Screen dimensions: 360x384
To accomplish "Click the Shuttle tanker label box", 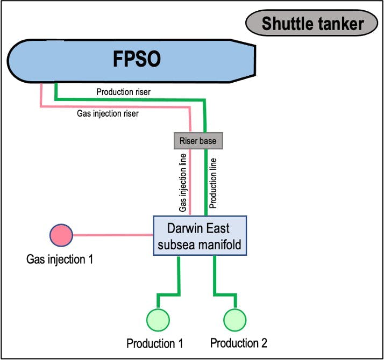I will click(312, 24).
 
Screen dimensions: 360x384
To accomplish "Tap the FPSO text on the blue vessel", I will click(137, 59).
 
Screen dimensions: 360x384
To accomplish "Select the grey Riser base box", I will click(198, 141).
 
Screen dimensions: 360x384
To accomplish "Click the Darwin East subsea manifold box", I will click(200, 235).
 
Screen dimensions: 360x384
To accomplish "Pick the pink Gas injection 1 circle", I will click(61, 235).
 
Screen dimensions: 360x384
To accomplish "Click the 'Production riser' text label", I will click(123, 92).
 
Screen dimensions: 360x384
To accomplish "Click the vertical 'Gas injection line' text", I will click(183, 183).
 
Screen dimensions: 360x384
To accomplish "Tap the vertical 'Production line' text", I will click(213, 183).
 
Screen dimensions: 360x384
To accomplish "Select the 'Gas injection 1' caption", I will click(60, 260).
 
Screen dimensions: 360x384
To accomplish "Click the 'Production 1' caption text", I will click(155, 343).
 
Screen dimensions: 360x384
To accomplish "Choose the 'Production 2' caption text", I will click(238, 343).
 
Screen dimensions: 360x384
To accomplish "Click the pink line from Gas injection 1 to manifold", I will click(113, 235).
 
